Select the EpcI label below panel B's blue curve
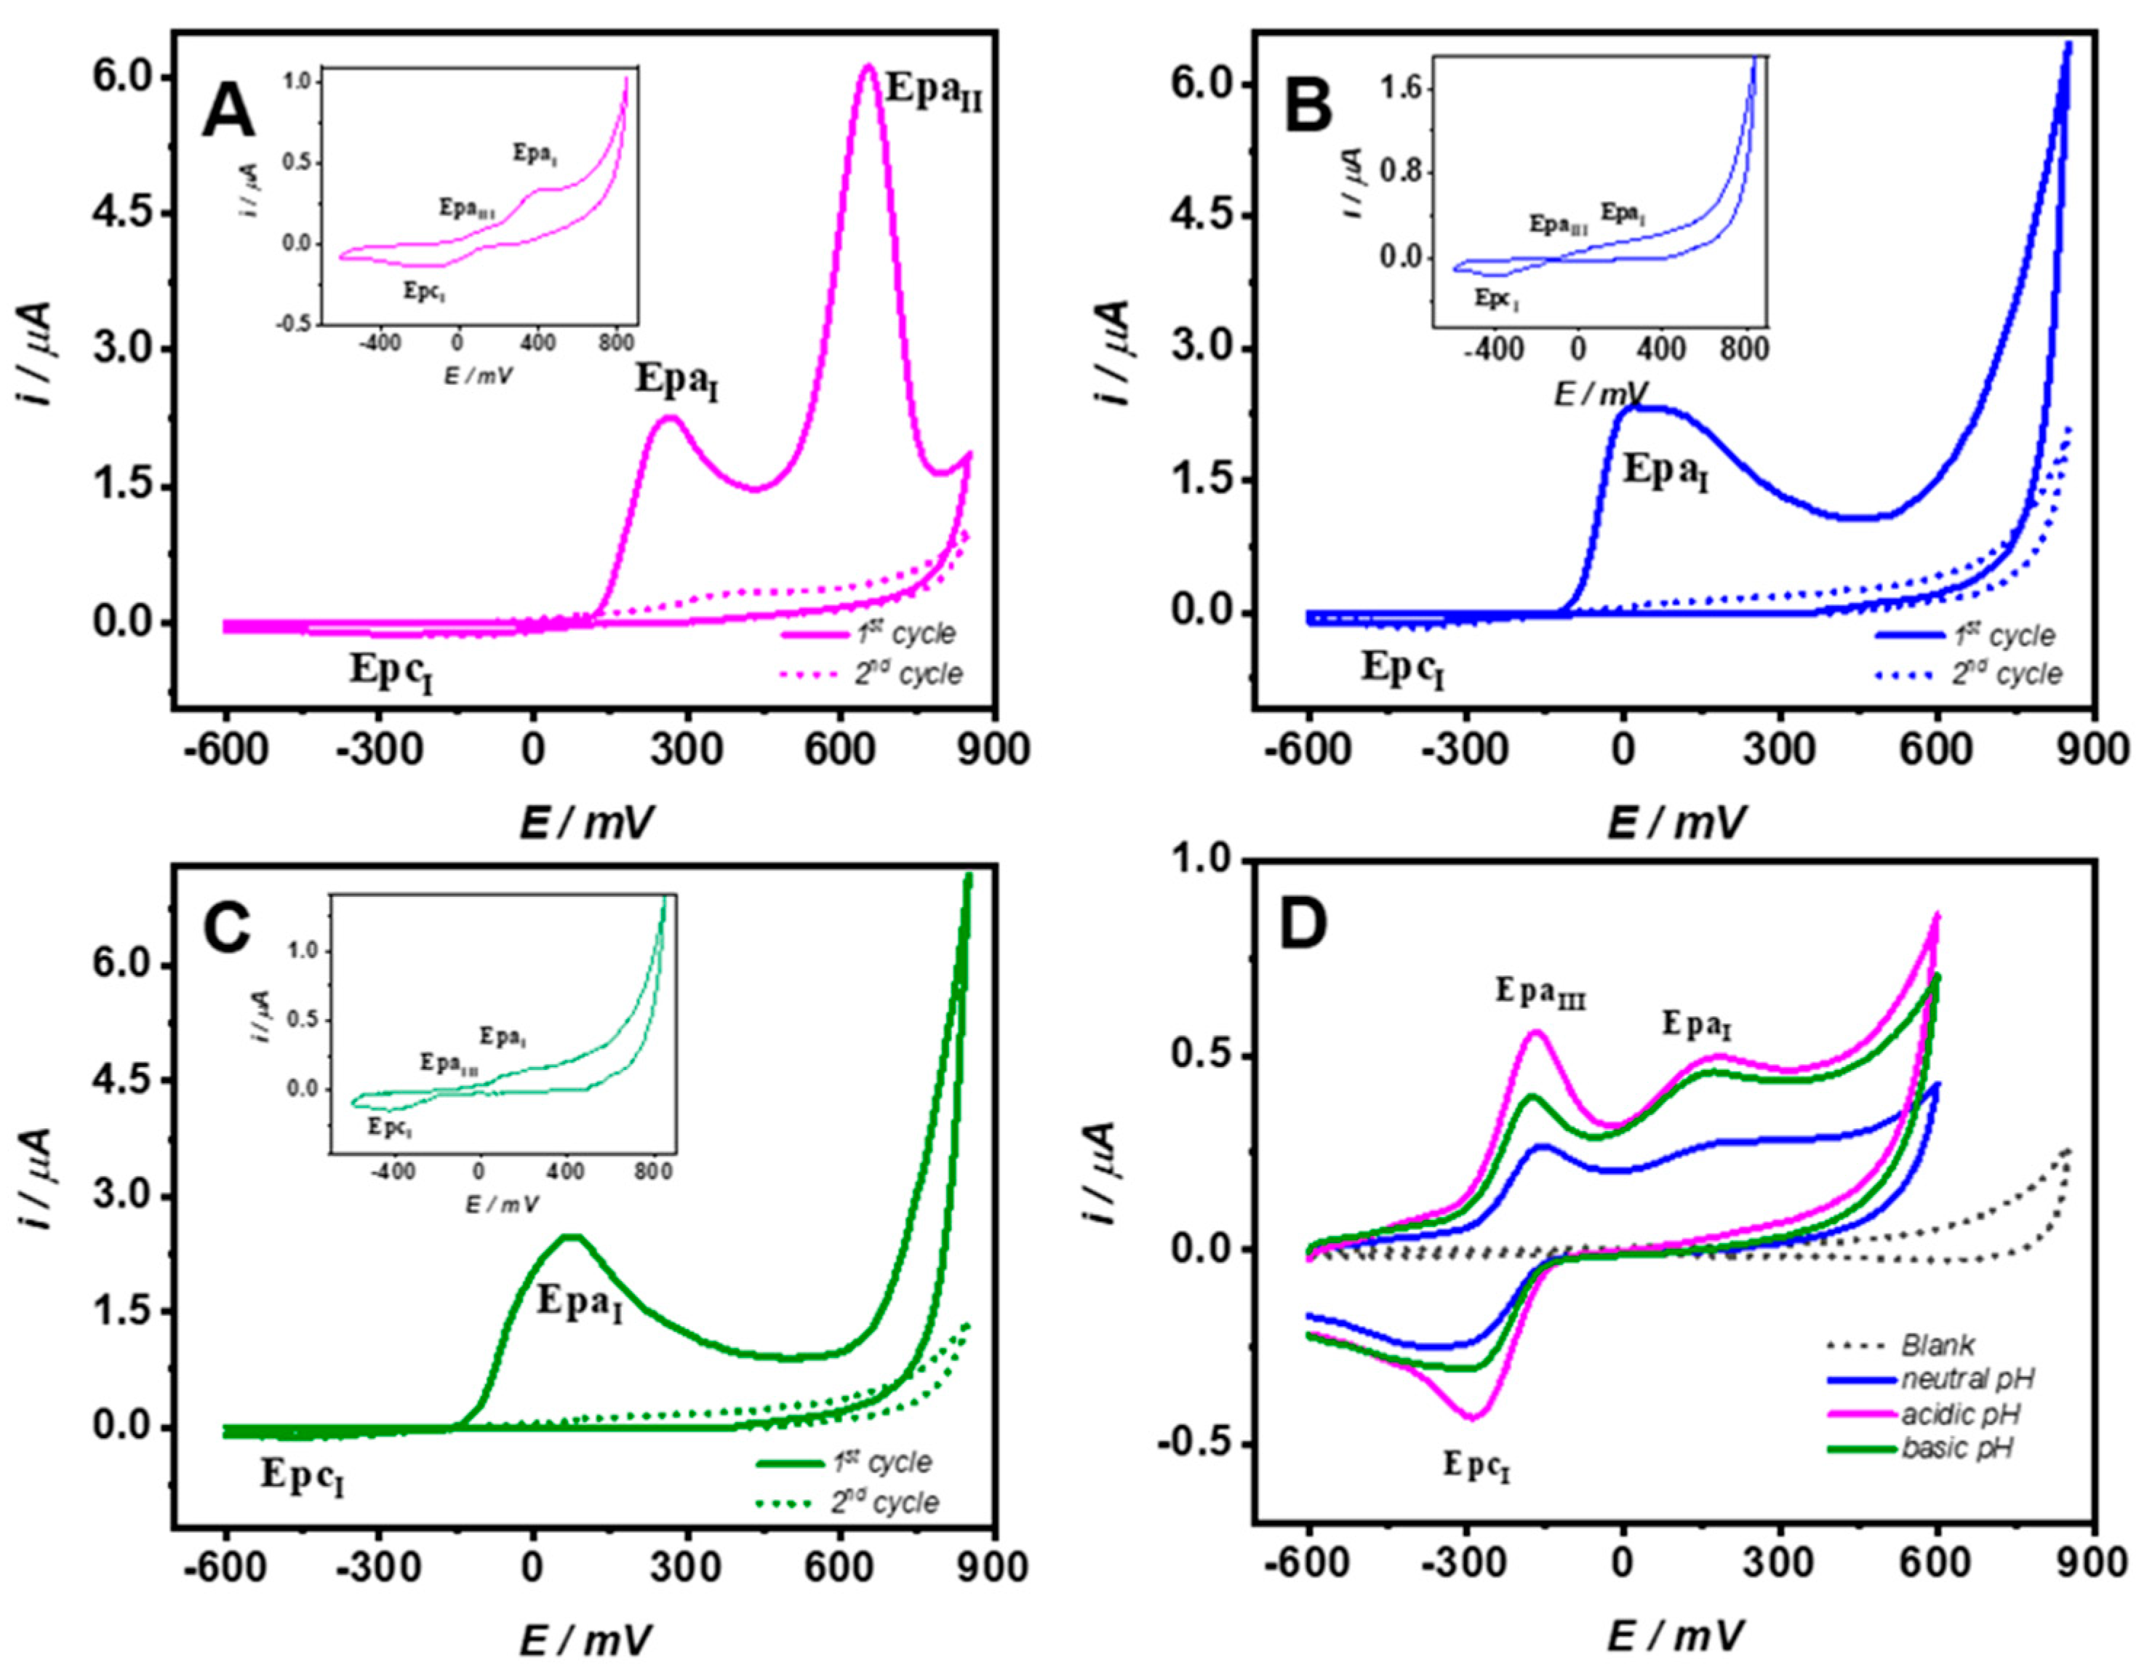(x=1403, y=668)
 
